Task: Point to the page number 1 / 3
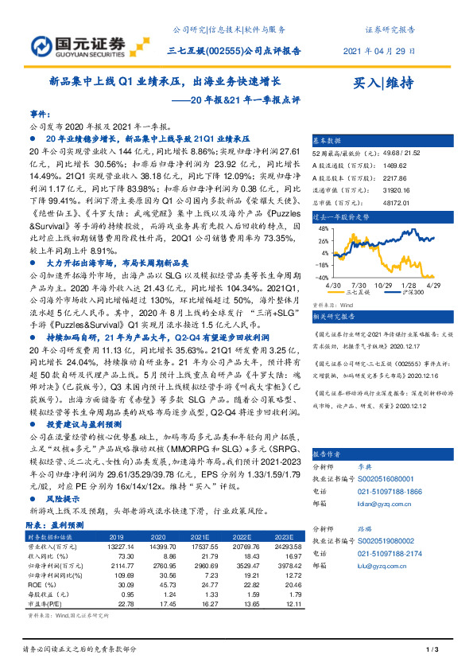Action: click(x=432, y=652)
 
